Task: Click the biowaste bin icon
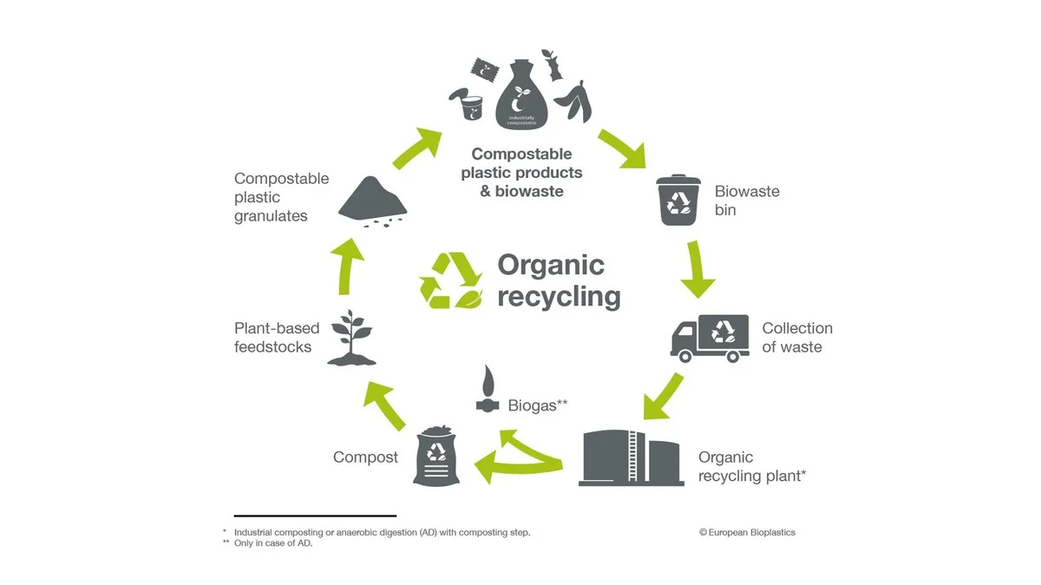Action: (680, 200)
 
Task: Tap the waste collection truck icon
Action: (709, 337)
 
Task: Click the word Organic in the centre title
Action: (550, 265)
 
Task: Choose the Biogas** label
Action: (537, 404)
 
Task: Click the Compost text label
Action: (365, 457)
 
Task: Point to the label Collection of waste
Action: (796, 338)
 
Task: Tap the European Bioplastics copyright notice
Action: (747, 532)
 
